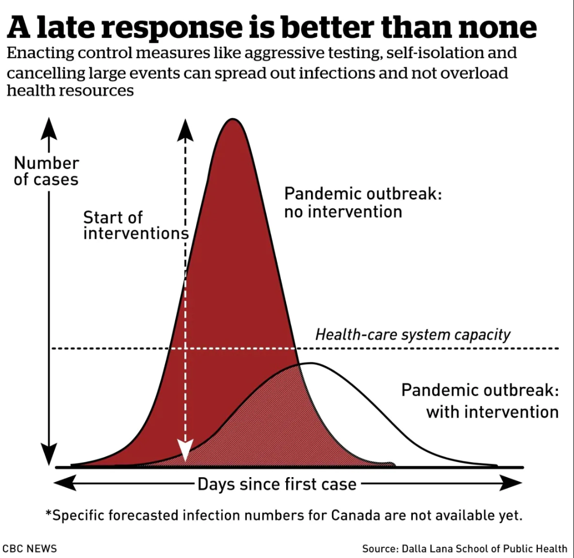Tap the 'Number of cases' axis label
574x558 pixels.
[x=46, y=171]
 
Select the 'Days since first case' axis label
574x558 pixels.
[x=276, y=484]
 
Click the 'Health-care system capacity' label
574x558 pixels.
[x=412, y=334]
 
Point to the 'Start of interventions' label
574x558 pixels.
[x=135, y=225]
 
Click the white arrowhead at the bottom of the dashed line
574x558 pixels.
[x=185, y=451]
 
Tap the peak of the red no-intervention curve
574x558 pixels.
[x=232, y=120]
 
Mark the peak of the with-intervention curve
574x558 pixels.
[x=310, y=364]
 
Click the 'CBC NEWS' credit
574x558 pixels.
[x=29, y=548]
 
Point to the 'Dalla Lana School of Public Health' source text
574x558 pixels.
[x=484, y=548]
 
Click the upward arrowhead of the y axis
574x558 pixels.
[x=49, y=127]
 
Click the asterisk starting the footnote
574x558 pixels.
[x=49, y=513]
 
